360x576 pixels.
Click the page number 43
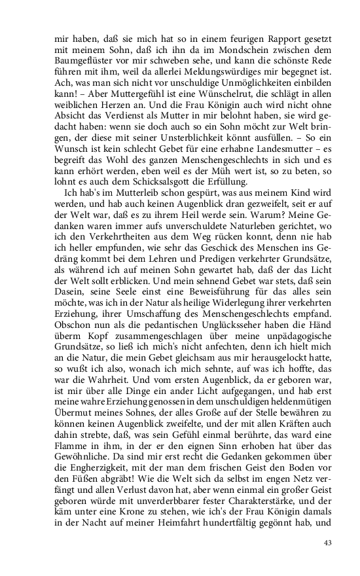(329, 543)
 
